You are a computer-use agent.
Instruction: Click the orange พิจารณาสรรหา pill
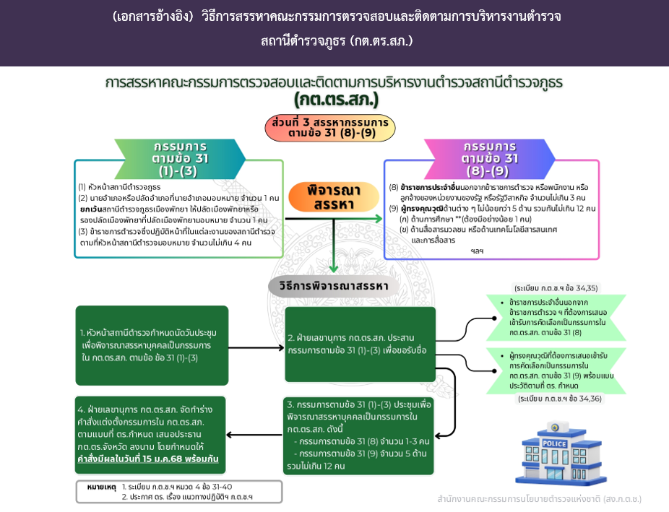click(334, 197)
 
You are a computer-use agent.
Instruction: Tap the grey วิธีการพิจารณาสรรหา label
click(334, 286)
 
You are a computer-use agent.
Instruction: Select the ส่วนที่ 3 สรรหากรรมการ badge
click(330, 128)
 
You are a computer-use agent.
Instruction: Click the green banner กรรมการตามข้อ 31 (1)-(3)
click(180, 159)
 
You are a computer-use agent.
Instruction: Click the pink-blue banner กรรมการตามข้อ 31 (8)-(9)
click(489, 159)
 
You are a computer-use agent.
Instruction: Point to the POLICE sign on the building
click(554, 443)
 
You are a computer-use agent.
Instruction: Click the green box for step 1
click(152, 345)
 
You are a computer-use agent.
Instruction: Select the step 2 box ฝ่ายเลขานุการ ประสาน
click(360, 344)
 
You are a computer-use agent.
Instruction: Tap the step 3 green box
click(358, 435)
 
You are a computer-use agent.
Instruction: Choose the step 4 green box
click(150, 435)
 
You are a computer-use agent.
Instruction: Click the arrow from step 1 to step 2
click(256, 348)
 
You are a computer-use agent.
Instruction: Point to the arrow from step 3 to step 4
click(254, 435)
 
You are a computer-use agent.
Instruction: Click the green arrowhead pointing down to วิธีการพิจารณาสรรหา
click(334, 269)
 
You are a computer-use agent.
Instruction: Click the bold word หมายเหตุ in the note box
click(101, 487)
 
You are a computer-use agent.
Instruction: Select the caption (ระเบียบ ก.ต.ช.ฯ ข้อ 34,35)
click(556, 288)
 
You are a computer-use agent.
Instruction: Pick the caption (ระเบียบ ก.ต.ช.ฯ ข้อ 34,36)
click(559, 399)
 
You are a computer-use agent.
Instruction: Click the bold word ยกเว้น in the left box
click(91, 209)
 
